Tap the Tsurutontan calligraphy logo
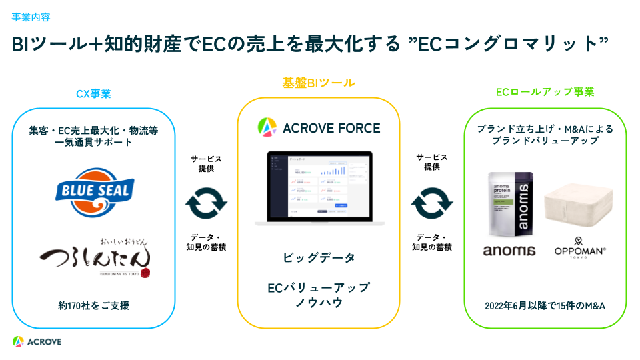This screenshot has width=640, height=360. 94,257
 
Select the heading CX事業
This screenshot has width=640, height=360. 93,93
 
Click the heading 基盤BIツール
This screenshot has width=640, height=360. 319,83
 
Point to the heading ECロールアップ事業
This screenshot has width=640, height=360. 545,92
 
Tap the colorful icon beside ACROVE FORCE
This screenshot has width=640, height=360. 267,127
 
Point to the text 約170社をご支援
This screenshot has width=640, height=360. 93,306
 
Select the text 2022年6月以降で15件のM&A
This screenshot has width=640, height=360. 545,306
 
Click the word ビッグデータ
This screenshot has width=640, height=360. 319,257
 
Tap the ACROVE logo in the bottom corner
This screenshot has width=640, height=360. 37,341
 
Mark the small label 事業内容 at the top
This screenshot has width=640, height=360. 31,17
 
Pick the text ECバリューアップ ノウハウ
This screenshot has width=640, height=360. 319,295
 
